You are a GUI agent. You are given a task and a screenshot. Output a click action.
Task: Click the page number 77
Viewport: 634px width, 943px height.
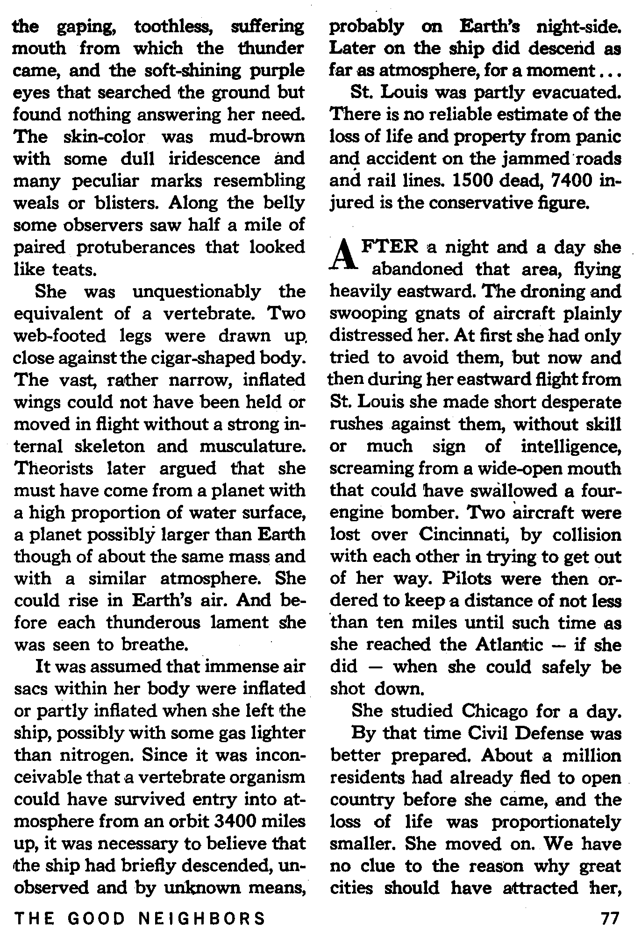point(610,918)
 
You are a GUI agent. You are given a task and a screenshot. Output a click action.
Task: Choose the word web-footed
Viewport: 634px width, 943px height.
point(60,336)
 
